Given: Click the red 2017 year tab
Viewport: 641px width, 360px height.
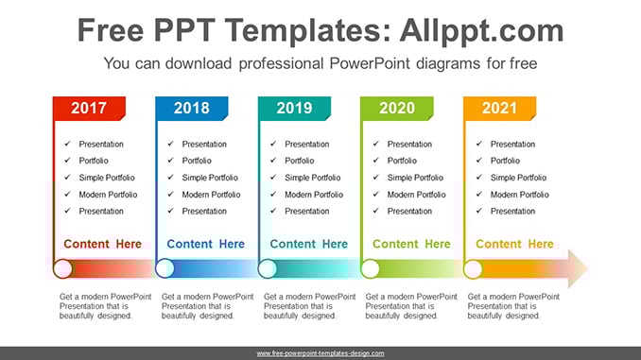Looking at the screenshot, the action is point(89,109).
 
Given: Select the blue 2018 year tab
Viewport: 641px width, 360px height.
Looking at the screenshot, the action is point(192,109).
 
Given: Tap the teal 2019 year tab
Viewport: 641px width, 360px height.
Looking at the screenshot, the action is point(294,109).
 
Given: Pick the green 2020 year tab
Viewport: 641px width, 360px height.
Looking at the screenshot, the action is point(397,109).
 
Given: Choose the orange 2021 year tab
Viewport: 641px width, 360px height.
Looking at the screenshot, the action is point(499,109).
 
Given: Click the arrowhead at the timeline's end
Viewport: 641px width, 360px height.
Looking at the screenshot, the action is point(578,269).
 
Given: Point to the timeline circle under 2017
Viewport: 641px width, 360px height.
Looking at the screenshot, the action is point(62,269).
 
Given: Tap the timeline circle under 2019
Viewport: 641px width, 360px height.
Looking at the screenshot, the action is point(268,269).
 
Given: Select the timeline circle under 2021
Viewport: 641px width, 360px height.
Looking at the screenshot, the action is point(473,269).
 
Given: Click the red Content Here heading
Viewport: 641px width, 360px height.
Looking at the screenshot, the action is point(103,244).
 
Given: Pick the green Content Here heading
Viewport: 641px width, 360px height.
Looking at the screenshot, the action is point(411,244).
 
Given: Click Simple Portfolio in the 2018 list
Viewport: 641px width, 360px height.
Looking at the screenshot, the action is point(210,178).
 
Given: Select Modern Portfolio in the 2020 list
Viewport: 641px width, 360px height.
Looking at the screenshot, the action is point(417,195).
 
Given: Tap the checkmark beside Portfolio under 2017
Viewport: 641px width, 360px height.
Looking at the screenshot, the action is point(67,161).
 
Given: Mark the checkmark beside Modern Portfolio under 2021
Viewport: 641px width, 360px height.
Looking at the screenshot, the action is point(479,194).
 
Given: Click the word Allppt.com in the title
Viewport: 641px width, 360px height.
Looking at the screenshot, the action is point(481,31).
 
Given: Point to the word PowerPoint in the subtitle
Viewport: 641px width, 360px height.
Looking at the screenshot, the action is point(370,63).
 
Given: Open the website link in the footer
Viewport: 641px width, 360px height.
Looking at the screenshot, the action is point(320,353).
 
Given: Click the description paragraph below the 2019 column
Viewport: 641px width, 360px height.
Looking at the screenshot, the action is point(309,306).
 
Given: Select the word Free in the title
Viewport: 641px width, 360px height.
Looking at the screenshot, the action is point(111,30).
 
